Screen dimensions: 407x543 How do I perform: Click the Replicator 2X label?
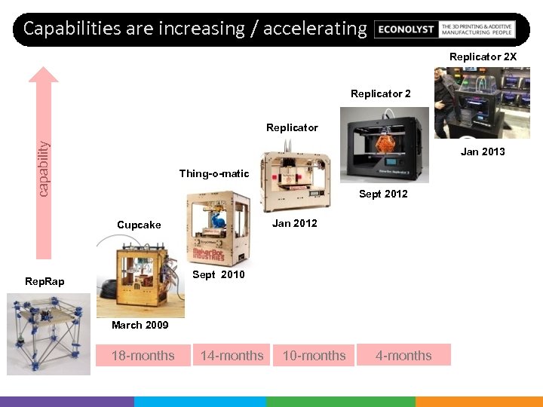tap(483, 57)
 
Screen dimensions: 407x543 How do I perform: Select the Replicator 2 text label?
tap(381, 94)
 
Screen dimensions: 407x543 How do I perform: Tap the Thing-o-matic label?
tap(214, 173)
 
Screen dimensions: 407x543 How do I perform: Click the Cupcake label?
tap(139, 225)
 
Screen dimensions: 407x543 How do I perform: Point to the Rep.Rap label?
tap(44, 281)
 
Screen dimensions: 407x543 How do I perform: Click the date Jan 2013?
tap(483, 151)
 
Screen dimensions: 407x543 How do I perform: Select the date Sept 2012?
tap(383, 194)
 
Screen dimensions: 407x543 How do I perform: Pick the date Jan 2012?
tap(295, 223)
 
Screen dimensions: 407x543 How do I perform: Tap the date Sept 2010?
tap(219, 274)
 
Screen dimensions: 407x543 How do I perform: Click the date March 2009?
tap(140, 325)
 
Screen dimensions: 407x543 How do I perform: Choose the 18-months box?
tap(143, 355)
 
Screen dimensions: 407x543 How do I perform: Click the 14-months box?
tap(232, 355)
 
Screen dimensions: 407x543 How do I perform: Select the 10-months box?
tap(314, 355)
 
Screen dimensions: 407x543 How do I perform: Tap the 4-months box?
tap(404, 355)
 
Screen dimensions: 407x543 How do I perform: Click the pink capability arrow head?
tap(47, 74)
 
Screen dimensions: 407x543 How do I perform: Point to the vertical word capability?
tap(44, 170)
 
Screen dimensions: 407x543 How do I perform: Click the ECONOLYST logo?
tap(406, 29)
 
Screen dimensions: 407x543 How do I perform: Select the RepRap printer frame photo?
tap(48, 332)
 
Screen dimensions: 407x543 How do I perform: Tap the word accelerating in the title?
tap(315, 29)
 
